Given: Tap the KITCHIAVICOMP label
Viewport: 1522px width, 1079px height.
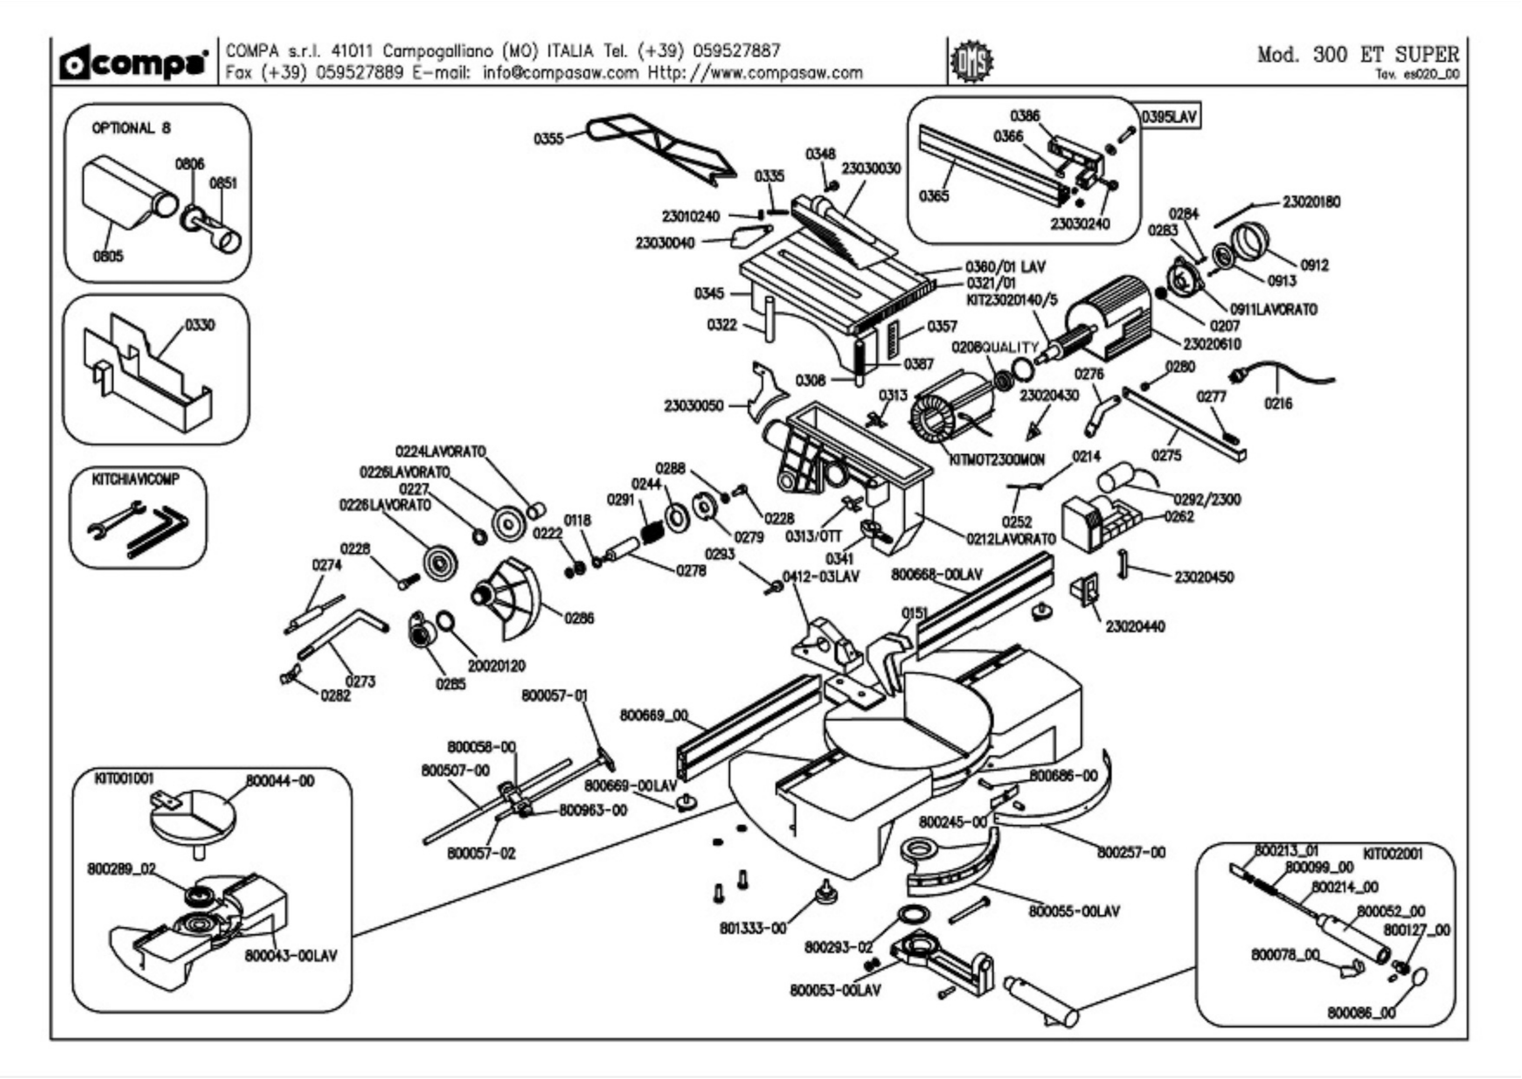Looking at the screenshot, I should pos(136,479).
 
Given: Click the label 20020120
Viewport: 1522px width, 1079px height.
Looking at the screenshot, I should pos(496,666).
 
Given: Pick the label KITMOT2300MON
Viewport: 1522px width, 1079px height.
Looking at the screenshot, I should pos(997,460).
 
